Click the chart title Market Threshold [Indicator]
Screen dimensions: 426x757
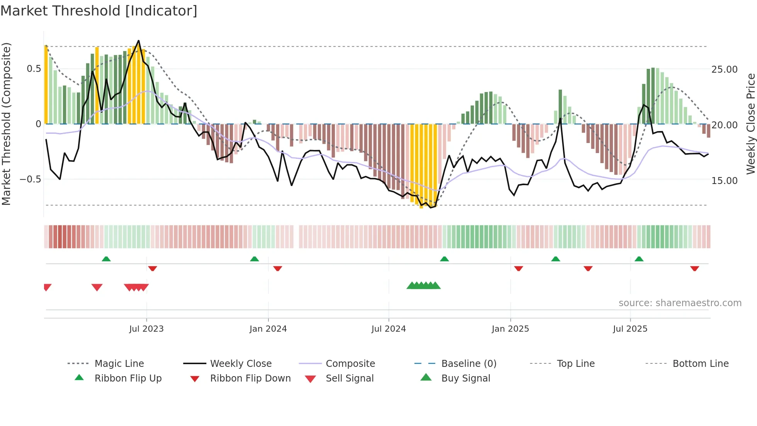point(99,11)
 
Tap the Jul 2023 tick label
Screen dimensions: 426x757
point(146,329)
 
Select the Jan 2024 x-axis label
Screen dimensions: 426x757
point(268,329)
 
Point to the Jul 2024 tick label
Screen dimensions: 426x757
point(389,329)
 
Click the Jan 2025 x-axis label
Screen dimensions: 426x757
point(510,329)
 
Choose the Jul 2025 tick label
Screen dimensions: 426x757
point(630,329)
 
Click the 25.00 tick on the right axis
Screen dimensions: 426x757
point(724,70)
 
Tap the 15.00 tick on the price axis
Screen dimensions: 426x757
point(724,181)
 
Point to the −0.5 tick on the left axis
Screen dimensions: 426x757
point(30,179)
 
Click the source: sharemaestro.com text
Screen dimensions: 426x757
point(680,303)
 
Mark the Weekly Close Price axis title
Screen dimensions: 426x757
point(750,124)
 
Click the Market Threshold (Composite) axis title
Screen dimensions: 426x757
point(6,124)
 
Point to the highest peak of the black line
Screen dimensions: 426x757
point(139,41)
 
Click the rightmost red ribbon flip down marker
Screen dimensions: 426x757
point(694,269)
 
